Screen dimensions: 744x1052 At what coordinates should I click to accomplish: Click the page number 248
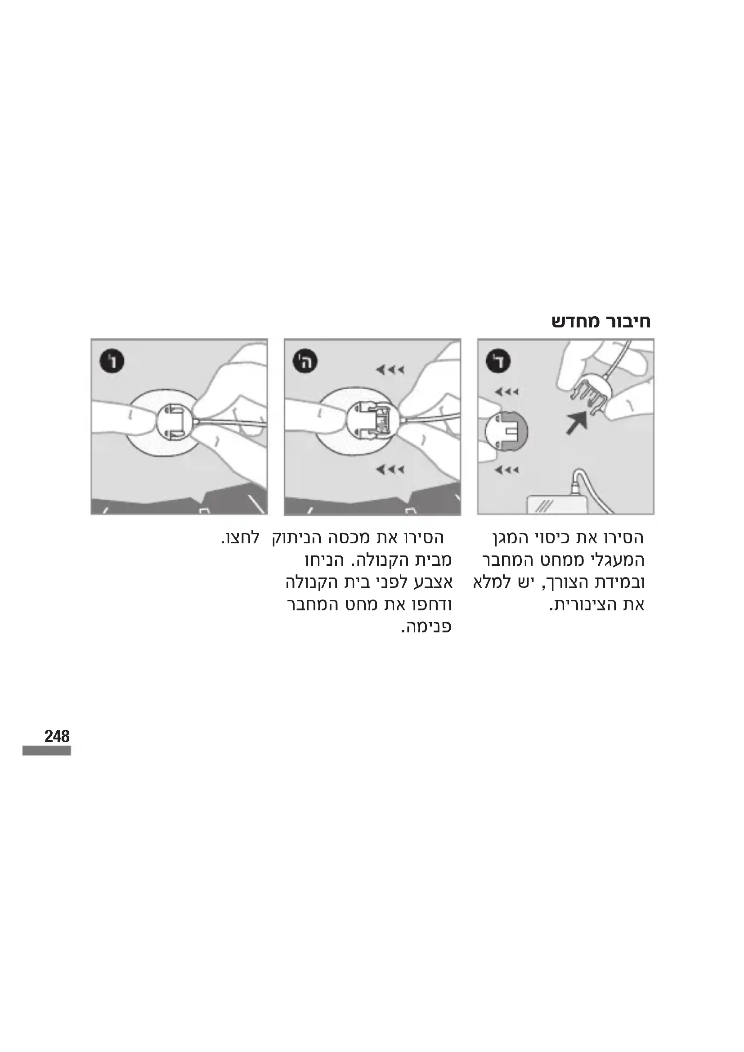click(x=57, y=736)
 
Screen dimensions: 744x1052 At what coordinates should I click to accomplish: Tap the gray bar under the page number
click(x=47, y=751)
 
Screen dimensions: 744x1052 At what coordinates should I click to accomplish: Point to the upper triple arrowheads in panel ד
click(x=506, y=392)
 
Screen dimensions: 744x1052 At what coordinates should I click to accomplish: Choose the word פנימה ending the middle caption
click(x=426, y=627)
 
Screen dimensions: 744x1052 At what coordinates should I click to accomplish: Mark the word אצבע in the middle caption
click(x=431, y=583)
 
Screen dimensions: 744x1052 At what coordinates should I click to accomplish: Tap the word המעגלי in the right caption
click(x=614, y=560)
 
